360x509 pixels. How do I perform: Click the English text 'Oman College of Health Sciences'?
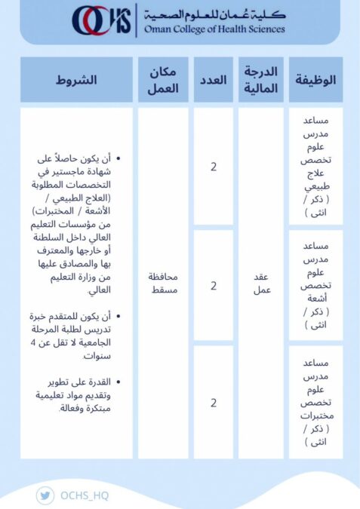(211, 29)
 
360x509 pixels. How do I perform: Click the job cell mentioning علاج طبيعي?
(315, 167)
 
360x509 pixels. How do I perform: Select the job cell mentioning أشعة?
(315, 286)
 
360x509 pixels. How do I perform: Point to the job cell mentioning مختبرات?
(315, 403)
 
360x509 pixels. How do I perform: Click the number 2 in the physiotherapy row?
(214, 167)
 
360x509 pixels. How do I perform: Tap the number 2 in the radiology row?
(214, 286)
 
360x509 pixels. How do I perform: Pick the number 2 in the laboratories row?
(214, 403)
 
